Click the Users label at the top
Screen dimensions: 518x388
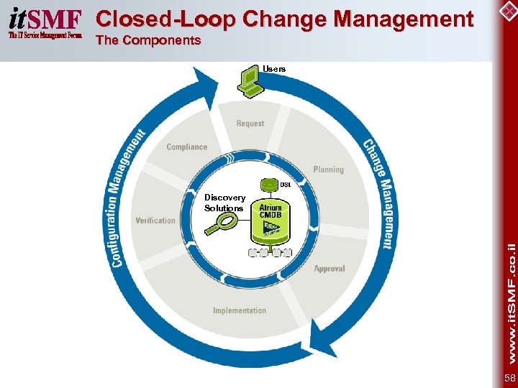point(274,69)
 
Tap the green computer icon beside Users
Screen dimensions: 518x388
point(250,80)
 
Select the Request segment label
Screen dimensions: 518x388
point(250,124)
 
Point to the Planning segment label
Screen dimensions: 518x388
point(328,170)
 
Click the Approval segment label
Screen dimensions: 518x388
point(330,269)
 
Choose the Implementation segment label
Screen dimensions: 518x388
point(240,310)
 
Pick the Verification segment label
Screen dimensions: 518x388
point(155,221)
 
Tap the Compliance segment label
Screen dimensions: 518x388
point(186,147)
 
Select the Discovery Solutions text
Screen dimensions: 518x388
point(224,203)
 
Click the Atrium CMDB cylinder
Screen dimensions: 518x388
point(270,218)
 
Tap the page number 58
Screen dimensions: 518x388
point(509,378)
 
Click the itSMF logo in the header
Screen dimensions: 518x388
point(45,23)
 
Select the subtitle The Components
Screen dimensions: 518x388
point(148,40)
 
